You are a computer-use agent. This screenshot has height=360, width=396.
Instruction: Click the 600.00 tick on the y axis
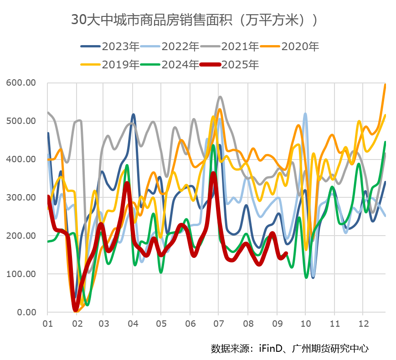pos(21,83)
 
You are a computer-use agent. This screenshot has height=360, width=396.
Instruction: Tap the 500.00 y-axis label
pos(21,121)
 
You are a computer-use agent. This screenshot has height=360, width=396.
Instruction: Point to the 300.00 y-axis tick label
pos(21,198)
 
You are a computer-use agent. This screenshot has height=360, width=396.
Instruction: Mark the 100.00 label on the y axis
pos(21,274)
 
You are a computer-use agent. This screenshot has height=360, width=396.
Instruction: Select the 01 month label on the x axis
pos(47,324)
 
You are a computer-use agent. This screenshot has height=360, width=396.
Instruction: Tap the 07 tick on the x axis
pos(219,324)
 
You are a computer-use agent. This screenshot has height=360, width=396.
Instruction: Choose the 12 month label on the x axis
pos(362,324)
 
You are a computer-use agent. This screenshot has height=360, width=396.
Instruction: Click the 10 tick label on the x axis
pos(305,324)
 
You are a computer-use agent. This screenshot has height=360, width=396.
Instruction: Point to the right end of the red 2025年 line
pos(287,253)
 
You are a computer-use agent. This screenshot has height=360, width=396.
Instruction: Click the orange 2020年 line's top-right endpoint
pos(386,84)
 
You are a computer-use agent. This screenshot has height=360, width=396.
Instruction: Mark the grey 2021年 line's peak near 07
pos(220,97)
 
